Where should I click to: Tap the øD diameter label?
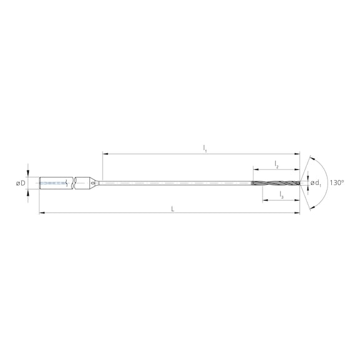[21, 183]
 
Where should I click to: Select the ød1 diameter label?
[316, 183]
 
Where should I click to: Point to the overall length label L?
[172, 208]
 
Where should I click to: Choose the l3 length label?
[281, 196]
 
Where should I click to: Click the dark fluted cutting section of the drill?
[275, 183]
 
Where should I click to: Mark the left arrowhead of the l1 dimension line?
[104, 153]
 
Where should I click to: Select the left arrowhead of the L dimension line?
[41, 213]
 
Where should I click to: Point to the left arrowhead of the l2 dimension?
[255, 168]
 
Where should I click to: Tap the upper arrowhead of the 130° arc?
[311, 157]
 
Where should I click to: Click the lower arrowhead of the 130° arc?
[311, 209]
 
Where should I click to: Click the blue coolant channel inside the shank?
[52, 183]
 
